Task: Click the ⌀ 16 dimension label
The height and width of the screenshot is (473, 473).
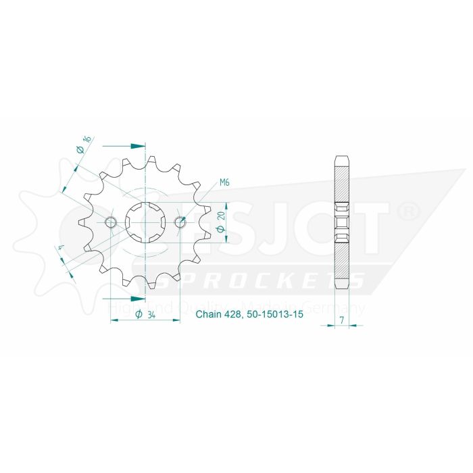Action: [83, 145]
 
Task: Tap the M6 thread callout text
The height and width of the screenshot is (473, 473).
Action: [224, 182]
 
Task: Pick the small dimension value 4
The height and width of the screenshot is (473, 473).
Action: [62, 249]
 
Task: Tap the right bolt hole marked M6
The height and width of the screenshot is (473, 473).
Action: [180, 222]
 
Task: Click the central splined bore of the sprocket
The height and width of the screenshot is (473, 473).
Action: [145, 222]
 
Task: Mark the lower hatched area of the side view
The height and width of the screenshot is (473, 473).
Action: [343, 260]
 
